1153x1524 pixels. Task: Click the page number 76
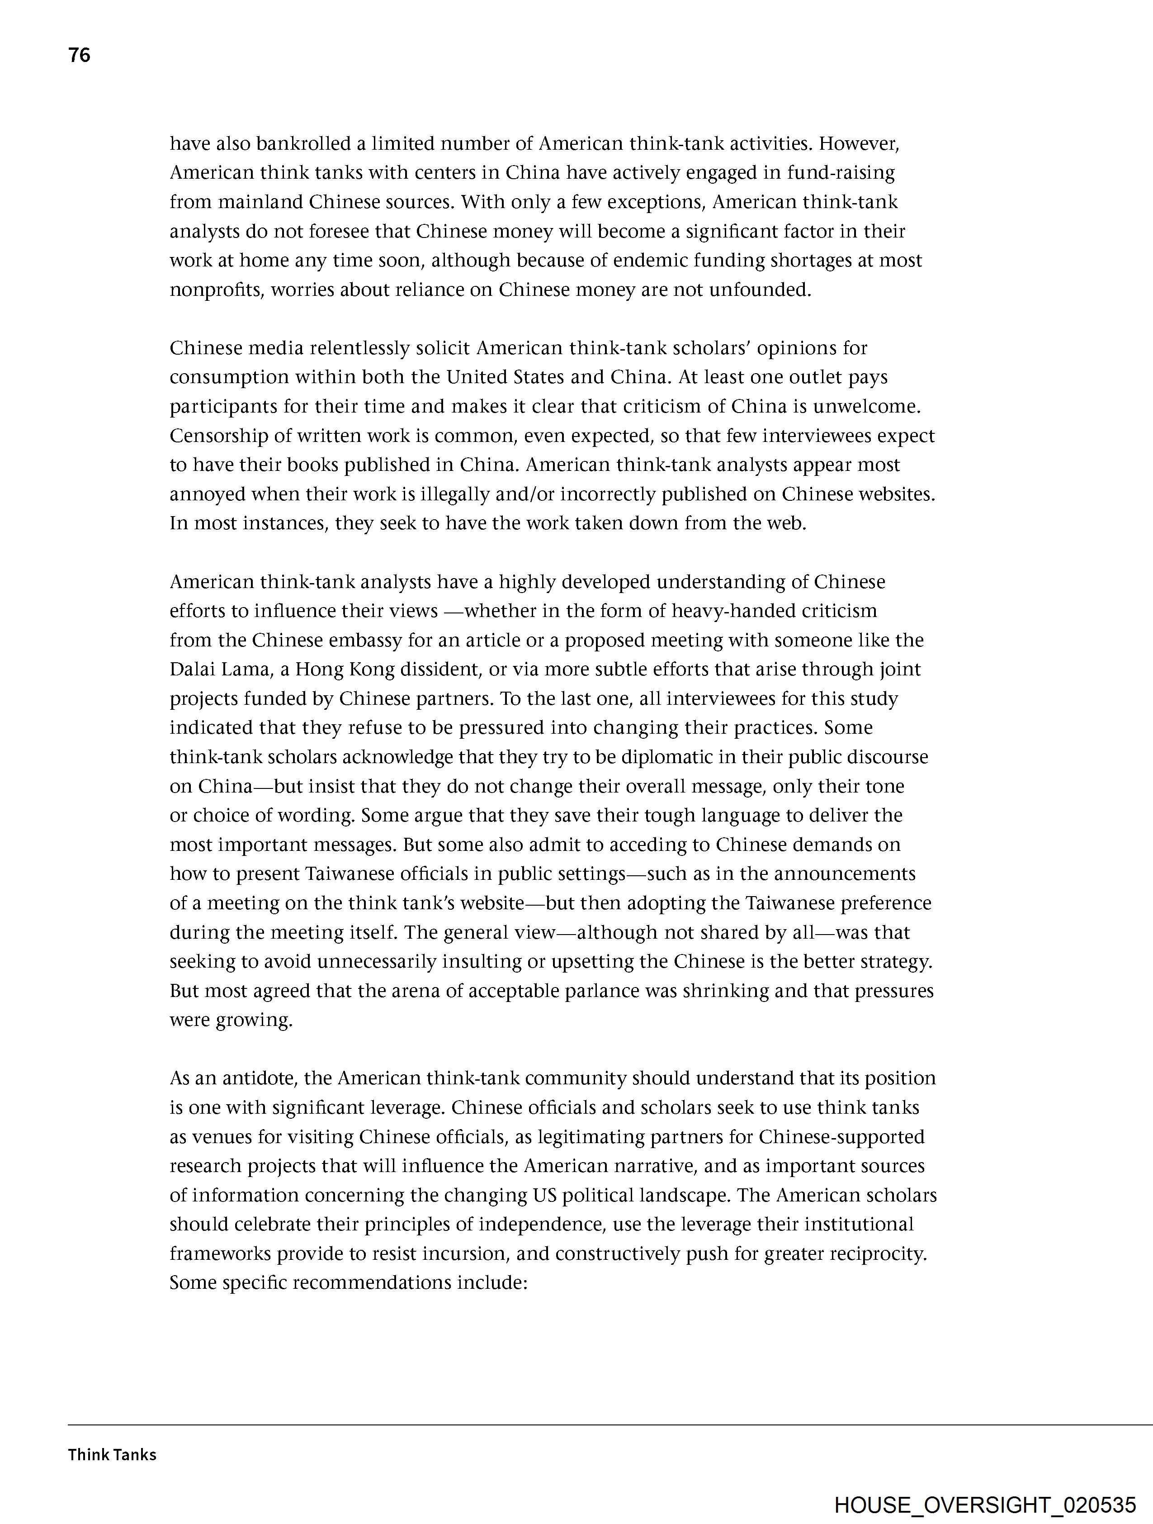click(x=79, y=55)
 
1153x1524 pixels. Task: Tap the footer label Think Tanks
click(x=112, y=1454)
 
